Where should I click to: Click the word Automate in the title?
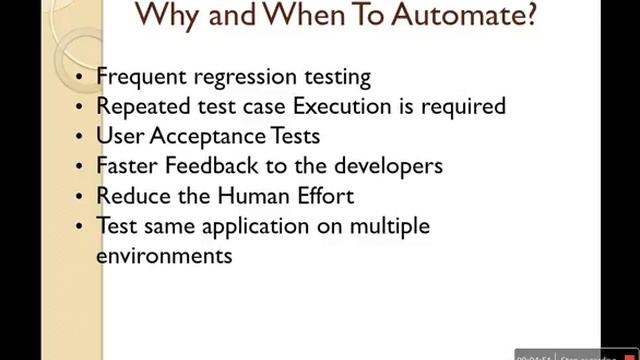pos(461,18)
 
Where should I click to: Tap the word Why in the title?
pos(170,18)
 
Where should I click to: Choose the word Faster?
pos(126,165)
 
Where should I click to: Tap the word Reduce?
pos(131,195)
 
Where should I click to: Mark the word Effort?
pos(320,195)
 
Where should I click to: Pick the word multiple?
pos(388,226)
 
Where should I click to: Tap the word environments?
pos(164,255)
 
